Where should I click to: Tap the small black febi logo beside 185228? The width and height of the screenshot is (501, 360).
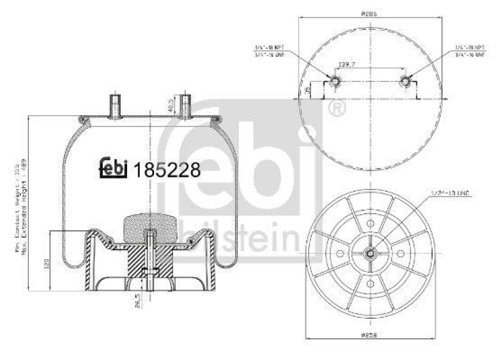coord(113,169)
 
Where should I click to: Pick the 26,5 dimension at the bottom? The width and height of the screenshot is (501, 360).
coord(137,305)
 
